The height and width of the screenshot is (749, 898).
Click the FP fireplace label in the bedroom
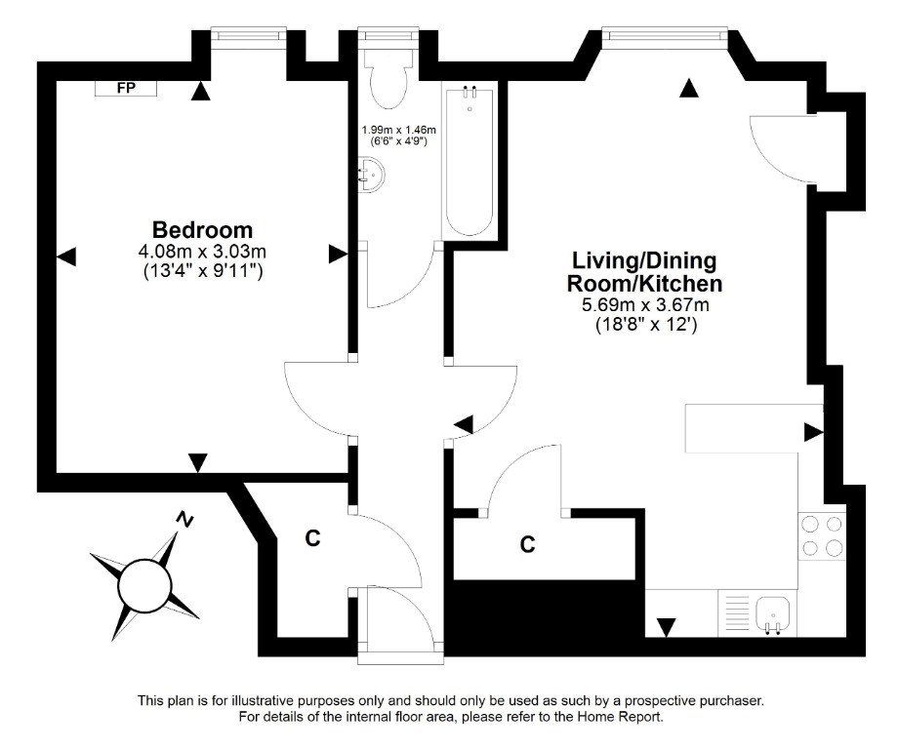click(x=126, y=88)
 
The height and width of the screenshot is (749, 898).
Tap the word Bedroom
click(x=203, y=230)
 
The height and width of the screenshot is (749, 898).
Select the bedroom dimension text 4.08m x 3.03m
click(x=203, y=252)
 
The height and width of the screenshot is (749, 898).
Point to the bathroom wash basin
click(x=372, y=174)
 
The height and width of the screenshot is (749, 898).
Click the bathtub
click(x=469, y=160)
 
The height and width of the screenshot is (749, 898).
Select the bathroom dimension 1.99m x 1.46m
click(x=399, y=131)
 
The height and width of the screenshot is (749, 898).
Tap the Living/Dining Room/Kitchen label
click(x=644, y=272)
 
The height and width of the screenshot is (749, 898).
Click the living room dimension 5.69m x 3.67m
click(x=645, y=305)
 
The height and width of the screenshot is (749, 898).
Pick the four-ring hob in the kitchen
click(x=822, y=536)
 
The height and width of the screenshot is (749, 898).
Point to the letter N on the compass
click(x=184, y=520)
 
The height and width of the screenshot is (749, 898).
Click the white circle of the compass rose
click(x=144, y=585)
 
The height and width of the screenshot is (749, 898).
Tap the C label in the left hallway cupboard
click(x=312, y=538)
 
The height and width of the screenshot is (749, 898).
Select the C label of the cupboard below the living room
click(x=527, y=544)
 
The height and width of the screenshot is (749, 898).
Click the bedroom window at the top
click(x=249, y=34)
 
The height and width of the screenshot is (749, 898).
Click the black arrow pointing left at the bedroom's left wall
click(x=66, y=256)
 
